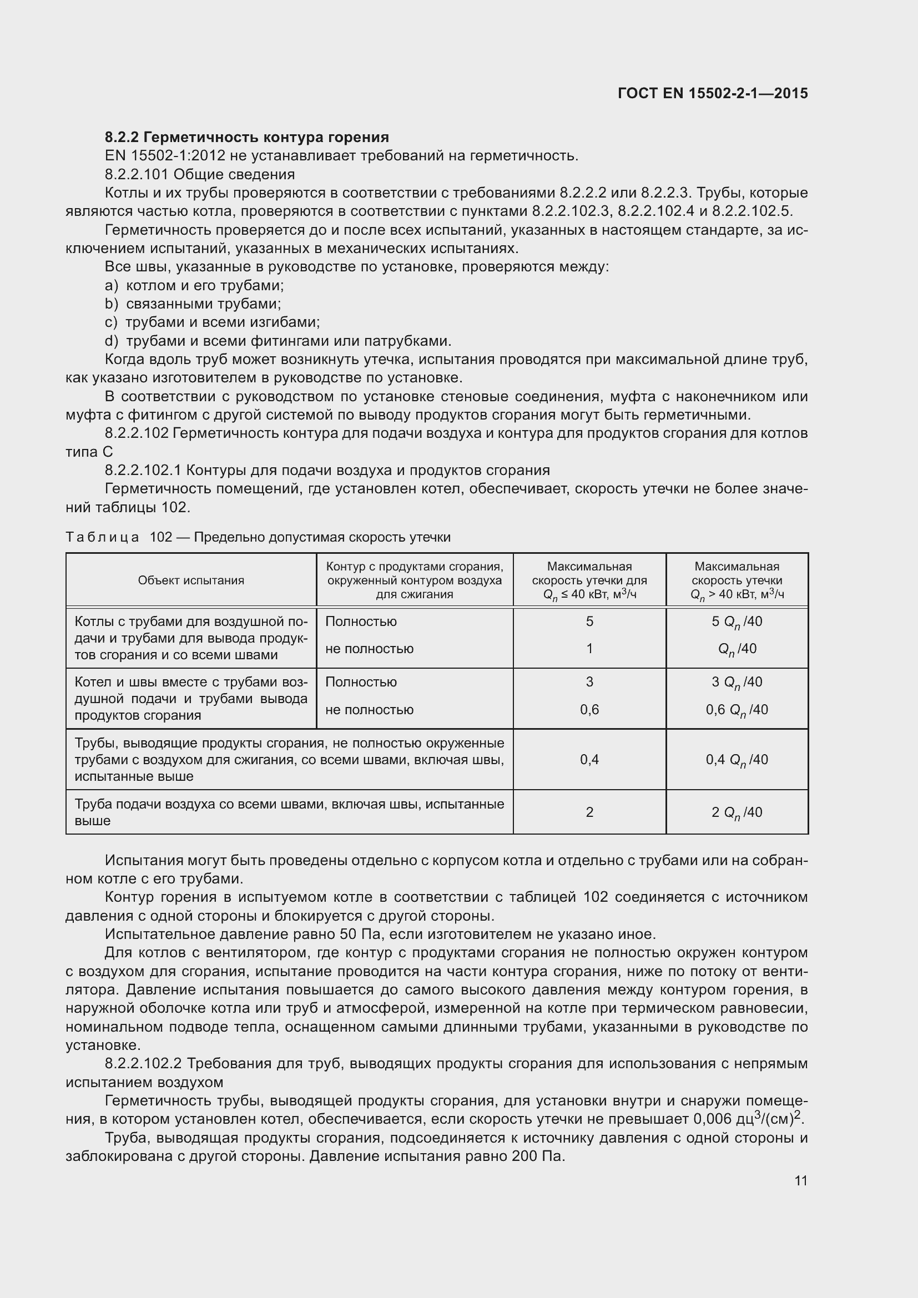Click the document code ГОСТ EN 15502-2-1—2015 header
coord(712,93)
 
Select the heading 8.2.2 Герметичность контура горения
coord(247,138)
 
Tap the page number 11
coord(800,1181)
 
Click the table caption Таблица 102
coord(258,537)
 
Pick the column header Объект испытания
coord(191,580)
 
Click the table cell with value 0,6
coord(589,710)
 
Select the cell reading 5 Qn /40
coord(737,622)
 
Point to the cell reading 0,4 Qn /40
coord(737,760)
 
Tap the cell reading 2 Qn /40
coord(737,812)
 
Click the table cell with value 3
coord(589,683)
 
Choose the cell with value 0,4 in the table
coord(589,760)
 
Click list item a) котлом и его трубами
coord(194,285)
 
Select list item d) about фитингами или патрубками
coord(278,341)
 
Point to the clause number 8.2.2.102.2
coord(143,1064)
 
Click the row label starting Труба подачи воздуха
coord(289,812)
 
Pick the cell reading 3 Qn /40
coord(737,683)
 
